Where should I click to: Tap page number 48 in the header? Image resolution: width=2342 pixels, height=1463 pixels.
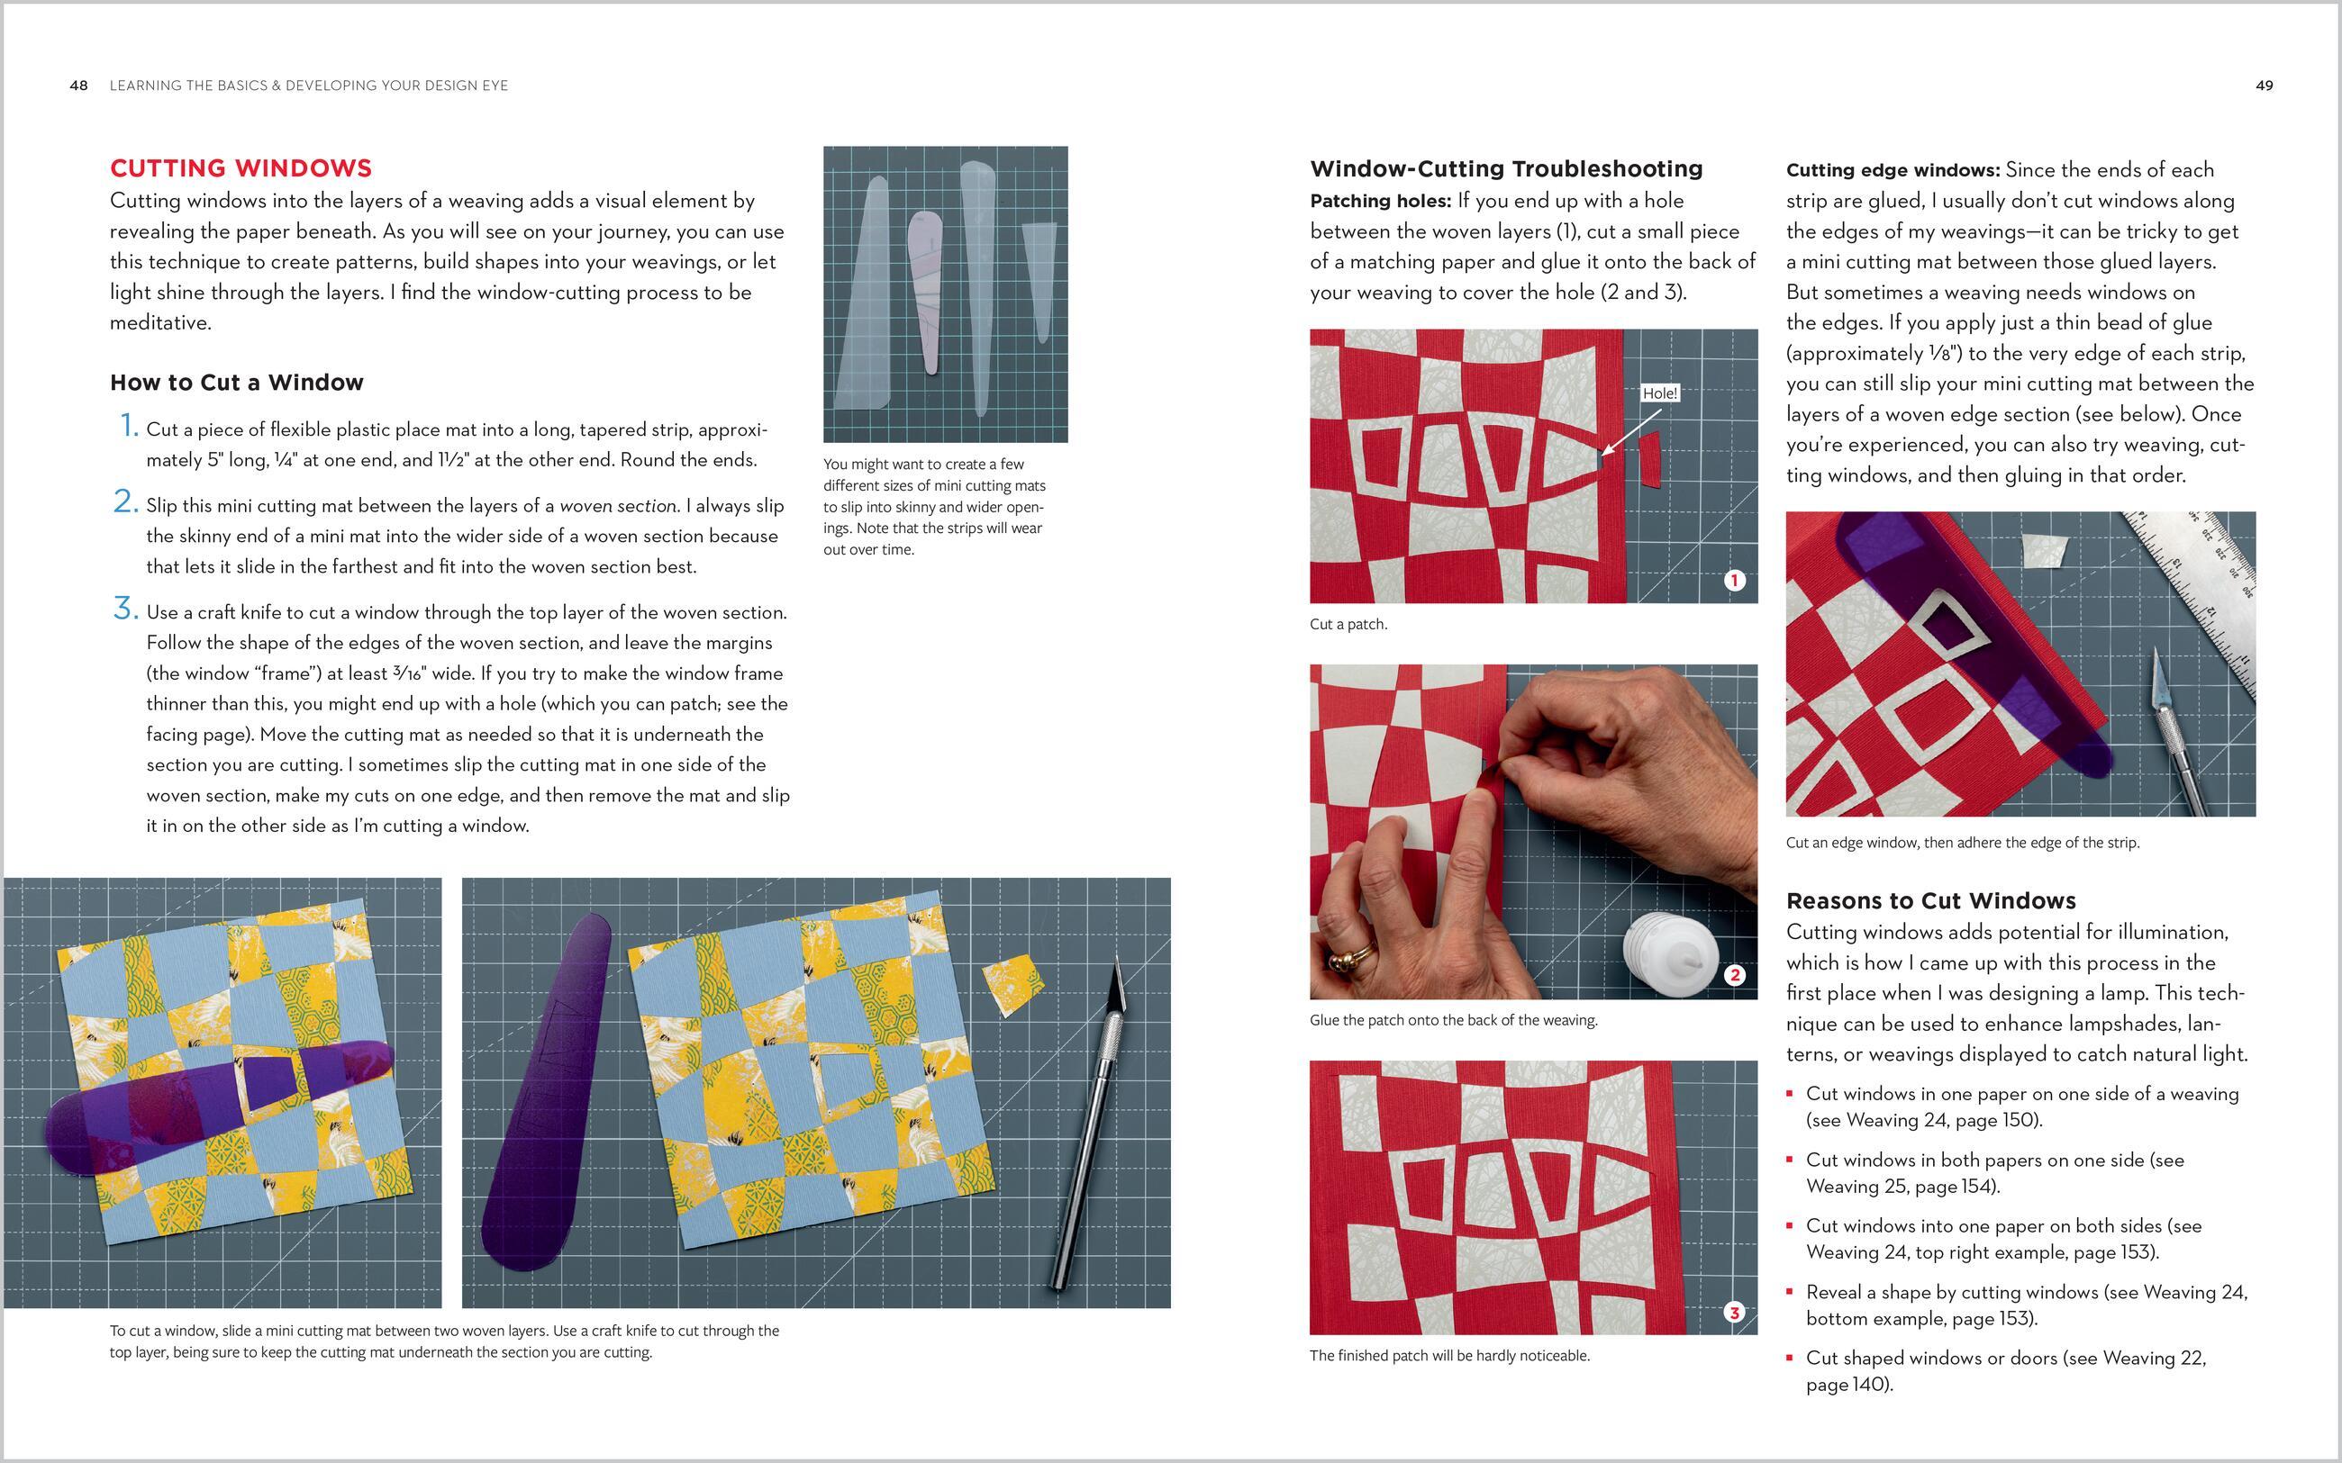(78, 86)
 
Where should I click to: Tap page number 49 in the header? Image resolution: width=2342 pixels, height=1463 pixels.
(2264, 86)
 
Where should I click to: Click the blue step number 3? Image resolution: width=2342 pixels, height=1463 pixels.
(125, 609)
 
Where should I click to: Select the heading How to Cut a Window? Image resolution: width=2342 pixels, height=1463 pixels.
(236, 383)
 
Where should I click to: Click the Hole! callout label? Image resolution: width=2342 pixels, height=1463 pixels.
(1660, 393)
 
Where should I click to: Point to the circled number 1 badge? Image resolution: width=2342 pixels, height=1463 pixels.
(1734, 581)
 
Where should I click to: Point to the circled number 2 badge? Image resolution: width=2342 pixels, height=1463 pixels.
(1734, 975)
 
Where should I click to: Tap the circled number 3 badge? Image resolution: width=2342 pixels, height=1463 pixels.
(1734, 1312)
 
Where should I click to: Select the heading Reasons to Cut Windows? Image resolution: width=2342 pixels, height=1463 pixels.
(1930, 901)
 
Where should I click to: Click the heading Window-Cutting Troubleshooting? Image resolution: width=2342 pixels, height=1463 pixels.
(1506, 168)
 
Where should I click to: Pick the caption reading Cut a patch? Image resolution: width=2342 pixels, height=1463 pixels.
(1348, 624)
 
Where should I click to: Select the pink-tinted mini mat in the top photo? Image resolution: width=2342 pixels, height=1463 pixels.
(924, 290)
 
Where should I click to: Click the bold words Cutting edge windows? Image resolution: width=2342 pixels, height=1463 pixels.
(1892, 170)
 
